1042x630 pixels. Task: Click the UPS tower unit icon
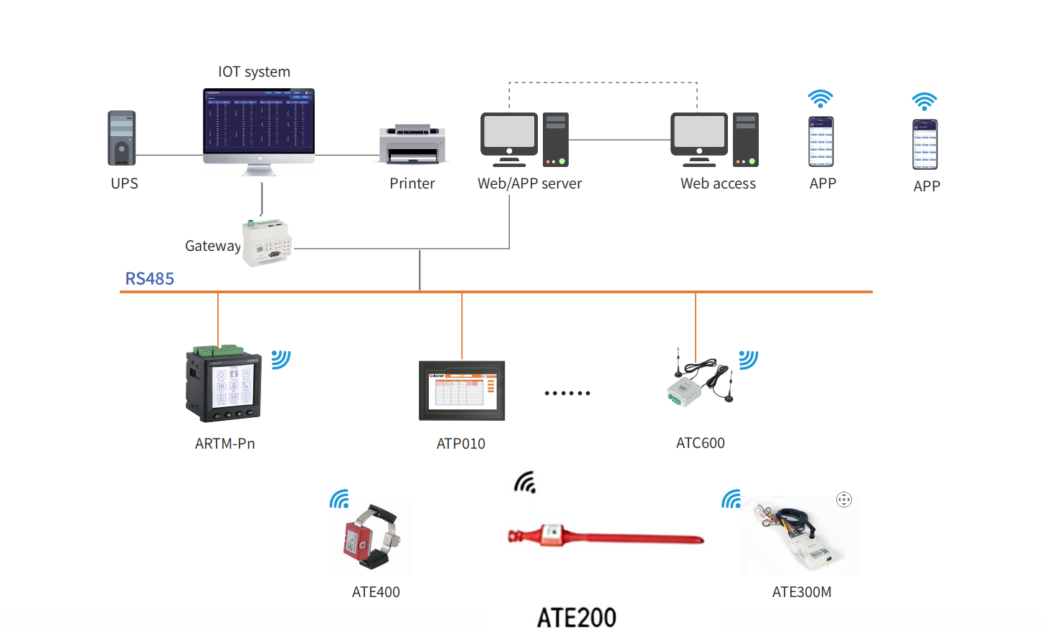[x=121, y=138]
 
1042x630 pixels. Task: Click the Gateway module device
[x=267, y=242]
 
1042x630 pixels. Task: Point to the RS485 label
[x=149, y=279]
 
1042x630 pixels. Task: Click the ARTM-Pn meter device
[x=224, y=385]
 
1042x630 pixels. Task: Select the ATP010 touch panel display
[x=462, y=391]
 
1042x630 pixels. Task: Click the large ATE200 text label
[x=577, y=617]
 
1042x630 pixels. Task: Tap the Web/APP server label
[x=529, y=183]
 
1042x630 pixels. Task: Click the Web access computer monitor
[x=698, y=135]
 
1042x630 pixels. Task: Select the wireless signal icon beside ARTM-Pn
[x=280, y=359]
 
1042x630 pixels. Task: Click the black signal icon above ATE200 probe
[x=525, y=483]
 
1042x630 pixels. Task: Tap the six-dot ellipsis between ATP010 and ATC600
[x=567, y=393]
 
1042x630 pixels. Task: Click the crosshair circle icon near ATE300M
[x=844, y=500]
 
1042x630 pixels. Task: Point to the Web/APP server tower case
[x=556, y=139]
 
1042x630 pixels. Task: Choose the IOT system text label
[x=254, y=72]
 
